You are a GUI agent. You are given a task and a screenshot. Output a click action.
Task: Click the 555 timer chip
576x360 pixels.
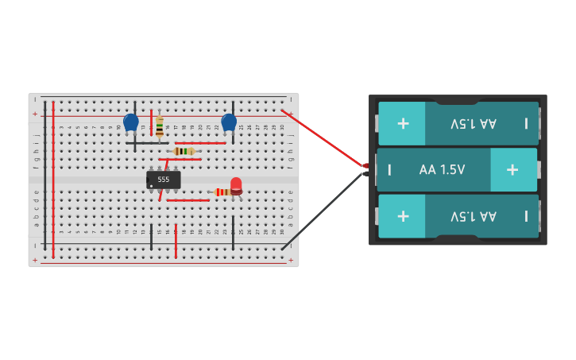[x=163, y=180]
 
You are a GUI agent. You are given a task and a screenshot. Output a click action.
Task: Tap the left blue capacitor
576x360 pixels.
[x=131, y=122]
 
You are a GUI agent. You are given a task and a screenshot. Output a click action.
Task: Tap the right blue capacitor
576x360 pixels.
[x=229, y=122]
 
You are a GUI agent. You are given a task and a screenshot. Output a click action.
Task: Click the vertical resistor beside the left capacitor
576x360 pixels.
[x=160, y=126]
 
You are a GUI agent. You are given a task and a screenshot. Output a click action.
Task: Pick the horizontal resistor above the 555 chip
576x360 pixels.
[x=184, y=151]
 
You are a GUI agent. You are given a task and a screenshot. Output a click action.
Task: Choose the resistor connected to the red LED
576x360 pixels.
[x=222, y=192]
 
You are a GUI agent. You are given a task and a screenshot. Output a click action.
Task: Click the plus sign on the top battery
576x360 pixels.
[x=403, y=123]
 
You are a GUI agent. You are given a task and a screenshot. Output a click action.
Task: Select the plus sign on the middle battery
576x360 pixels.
[x=512, y=169]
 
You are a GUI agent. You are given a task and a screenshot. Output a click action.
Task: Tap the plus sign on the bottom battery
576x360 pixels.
[x=403, y=216]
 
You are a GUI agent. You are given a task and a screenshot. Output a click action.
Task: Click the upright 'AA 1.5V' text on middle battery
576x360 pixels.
[x=442, y=169]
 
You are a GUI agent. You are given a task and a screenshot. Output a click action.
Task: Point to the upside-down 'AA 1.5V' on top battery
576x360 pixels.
[x=474, y=123]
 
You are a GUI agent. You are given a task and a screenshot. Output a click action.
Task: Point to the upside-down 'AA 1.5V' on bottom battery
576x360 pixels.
[x=474, y=216]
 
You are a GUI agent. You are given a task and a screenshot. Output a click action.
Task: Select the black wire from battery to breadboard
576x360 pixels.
[x=322, y=211]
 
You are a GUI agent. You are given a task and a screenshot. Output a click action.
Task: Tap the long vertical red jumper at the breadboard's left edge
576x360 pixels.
[x=53, y=179]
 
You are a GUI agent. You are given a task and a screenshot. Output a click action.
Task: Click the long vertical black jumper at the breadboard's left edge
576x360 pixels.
[x=44, y=179]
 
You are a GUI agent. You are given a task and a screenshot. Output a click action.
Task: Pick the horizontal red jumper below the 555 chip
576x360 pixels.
[x=187, y=200]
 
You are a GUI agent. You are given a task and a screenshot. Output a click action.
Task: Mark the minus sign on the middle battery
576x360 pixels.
[x=389, y=169]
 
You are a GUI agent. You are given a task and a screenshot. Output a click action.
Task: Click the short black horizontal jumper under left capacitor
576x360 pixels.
[x=143, y=143]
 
